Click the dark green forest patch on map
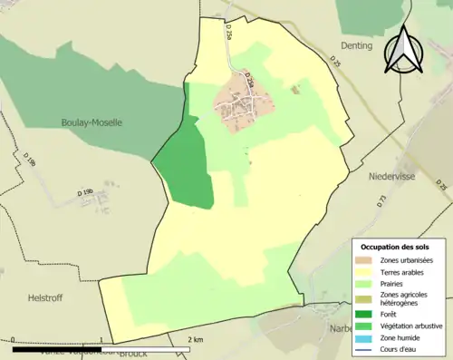click(x=186, y=163)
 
